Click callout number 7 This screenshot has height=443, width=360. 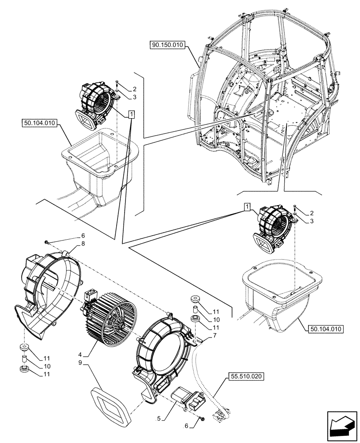[215, 336]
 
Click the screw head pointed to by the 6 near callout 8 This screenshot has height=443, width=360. [47, 241]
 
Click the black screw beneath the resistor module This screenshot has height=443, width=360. [202, 418]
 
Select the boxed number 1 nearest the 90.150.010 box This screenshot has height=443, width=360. [131, 115]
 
